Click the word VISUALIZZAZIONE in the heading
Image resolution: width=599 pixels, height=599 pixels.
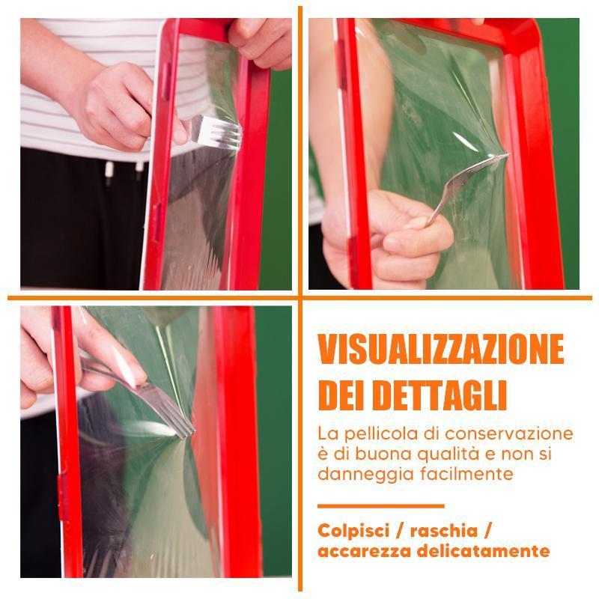[441, 349]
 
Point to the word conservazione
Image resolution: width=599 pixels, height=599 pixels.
[509, 434]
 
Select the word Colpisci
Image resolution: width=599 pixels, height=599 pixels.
[353, 531]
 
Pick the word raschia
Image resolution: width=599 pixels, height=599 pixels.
[444, 531]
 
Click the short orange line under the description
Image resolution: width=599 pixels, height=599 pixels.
[381, 506]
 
